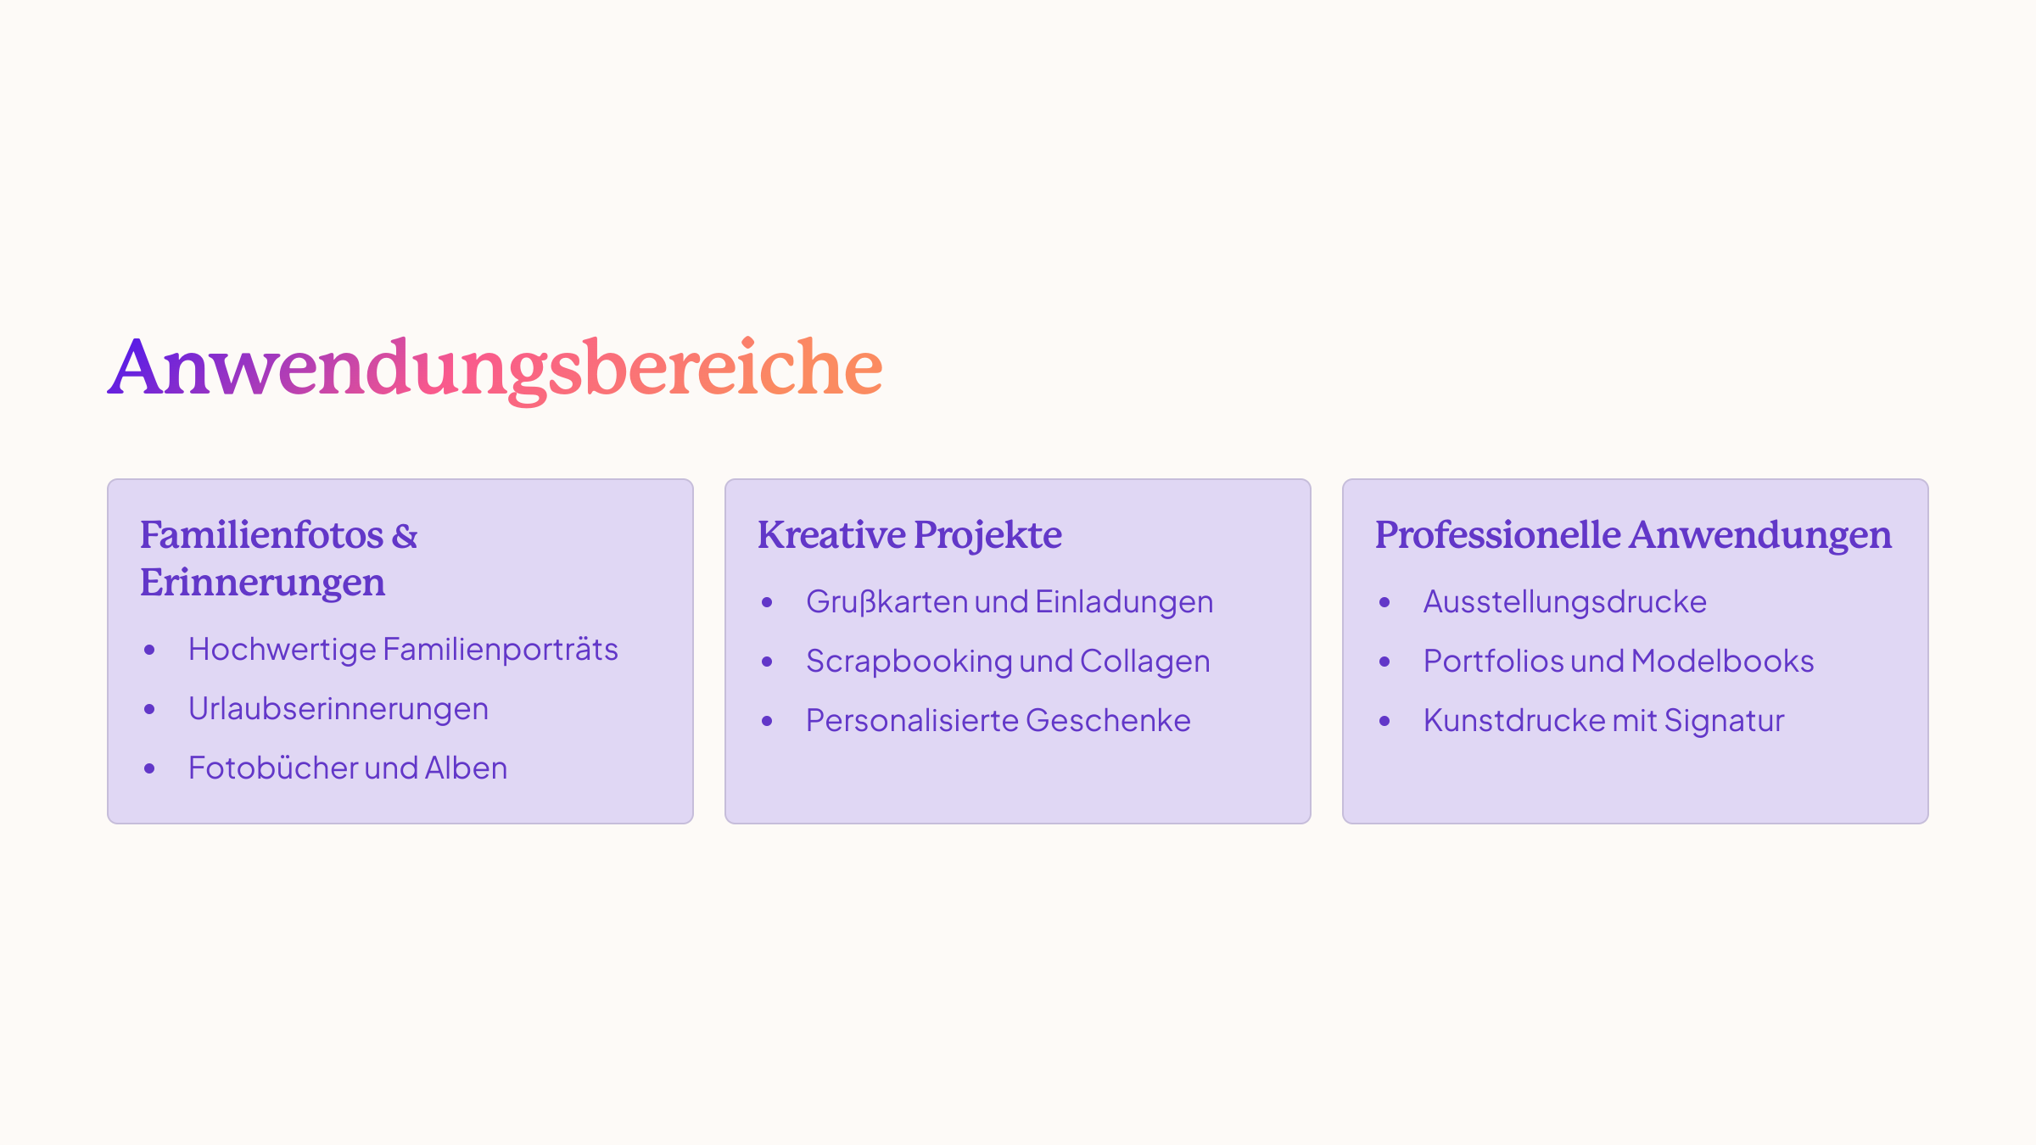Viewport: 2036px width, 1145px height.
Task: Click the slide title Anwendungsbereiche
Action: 495,369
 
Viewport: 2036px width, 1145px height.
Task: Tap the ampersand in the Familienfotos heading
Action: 405,536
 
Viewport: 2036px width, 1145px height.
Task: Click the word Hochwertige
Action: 282,650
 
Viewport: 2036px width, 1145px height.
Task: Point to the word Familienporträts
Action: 501,649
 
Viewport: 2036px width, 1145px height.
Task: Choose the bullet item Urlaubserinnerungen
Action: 338,709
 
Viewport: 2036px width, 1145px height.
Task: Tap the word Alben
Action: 466,768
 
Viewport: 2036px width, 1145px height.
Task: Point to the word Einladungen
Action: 1124,602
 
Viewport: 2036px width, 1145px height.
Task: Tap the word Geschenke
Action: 1108,720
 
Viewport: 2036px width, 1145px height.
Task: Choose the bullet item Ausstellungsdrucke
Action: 1564,601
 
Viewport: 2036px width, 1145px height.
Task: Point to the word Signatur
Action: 1725,721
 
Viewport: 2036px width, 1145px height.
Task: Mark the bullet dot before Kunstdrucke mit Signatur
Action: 1384,721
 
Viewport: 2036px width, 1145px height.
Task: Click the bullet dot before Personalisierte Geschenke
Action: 767,721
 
